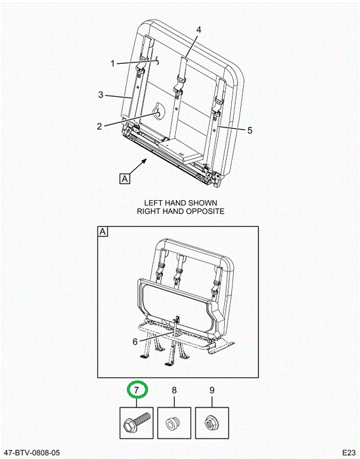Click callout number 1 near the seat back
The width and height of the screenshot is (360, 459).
point(113,63)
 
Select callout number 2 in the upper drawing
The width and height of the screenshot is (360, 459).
point(99,126)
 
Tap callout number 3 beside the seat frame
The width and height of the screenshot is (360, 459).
point(101,94)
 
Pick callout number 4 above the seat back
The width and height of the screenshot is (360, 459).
point(199,29)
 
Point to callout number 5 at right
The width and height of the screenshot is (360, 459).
point(250,130)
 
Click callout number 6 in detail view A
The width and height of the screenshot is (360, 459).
point(135,342)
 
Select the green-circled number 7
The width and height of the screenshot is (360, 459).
point(136,390)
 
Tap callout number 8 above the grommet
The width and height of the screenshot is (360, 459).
point(174,390)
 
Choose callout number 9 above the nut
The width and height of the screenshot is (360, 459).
point(212,390)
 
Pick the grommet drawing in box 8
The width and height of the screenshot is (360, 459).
point(173,423)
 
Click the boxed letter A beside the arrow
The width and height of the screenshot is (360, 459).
point(125,178)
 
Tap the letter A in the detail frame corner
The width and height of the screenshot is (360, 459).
point(103,231)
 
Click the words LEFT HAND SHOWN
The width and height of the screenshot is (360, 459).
point(180,203)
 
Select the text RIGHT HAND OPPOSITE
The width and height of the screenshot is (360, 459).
point(180,211)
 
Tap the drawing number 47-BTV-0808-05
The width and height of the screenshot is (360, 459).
point(31,453)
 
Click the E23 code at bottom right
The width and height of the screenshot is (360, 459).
point(349,452)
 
